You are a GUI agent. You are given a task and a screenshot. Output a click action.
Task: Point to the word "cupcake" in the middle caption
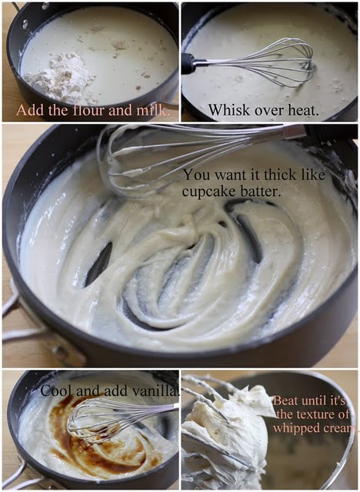[206, 191]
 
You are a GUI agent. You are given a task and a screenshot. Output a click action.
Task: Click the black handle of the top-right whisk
[189, 63]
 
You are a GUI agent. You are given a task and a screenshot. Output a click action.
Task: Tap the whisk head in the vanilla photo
[104, 419]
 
